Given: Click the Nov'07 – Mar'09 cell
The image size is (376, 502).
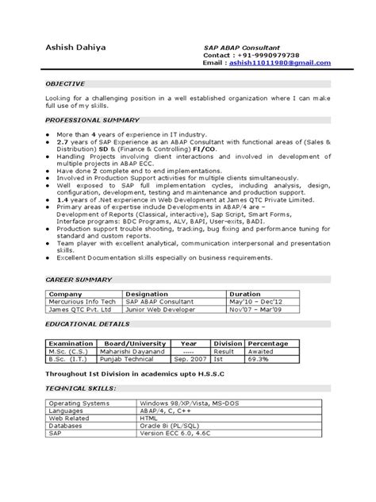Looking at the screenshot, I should tap(259, 309).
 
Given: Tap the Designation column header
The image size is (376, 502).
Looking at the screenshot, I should tap(146, 294).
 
